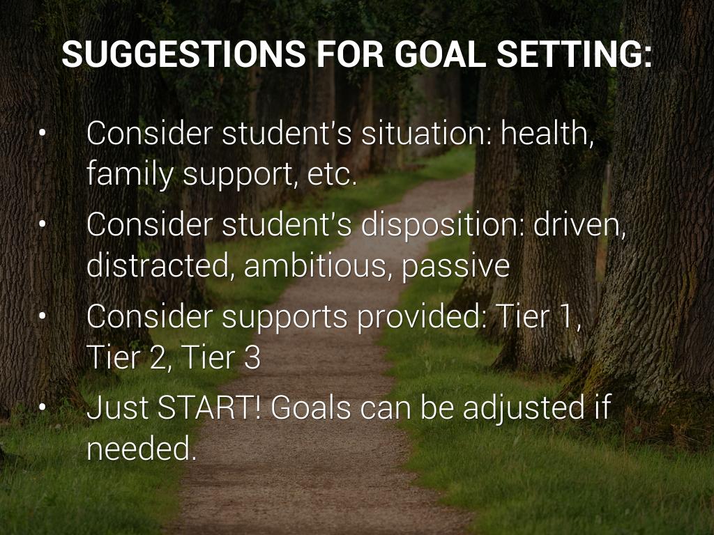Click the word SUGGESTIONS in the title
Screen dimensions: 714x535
[x=183, y=54]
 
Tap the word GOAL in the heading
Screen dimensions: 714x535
[x=441, y=54]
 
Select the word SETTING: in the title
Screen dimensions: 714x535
[x=575, y=54]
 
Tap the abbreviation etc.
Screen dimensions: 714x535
[x=332, y=175]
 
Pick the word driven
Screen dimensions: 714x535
[x=579, y=224]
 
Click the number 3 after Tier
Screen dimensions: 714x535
[x=252, y=357]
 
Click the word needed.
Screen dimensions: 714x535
[x=141, y=448]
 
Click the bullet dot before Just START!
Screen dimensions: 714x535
[x=43, y=407]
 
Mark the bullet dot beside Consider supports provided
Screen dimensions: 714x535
[x=43, y=316]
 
